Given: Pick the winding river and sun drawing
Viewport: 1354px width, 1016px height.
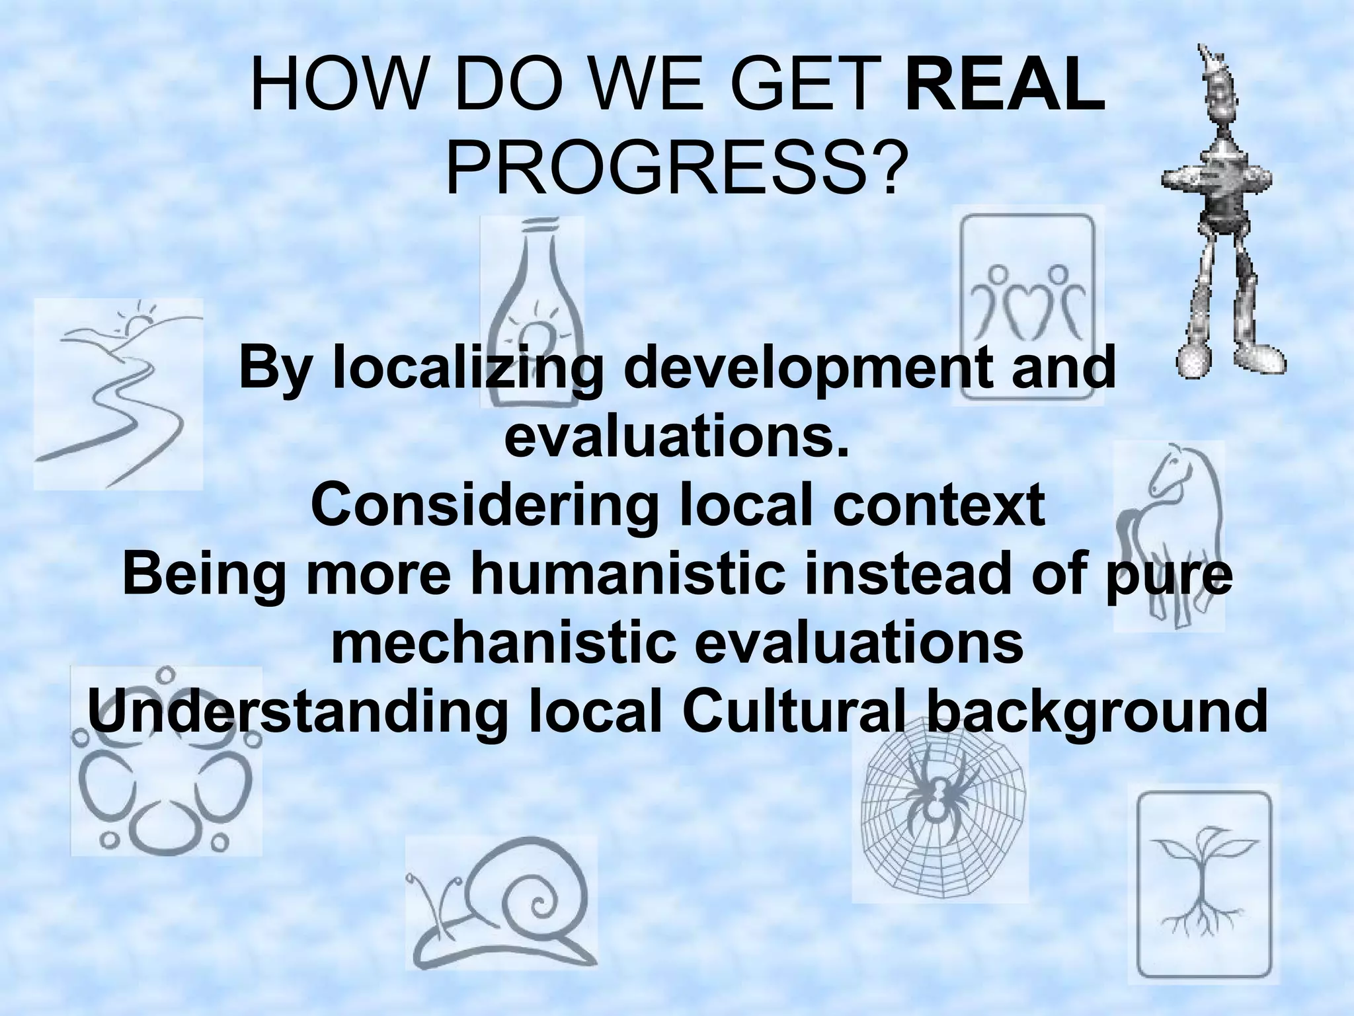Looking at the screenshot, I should pyautogui.click(x=118, y=393).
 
